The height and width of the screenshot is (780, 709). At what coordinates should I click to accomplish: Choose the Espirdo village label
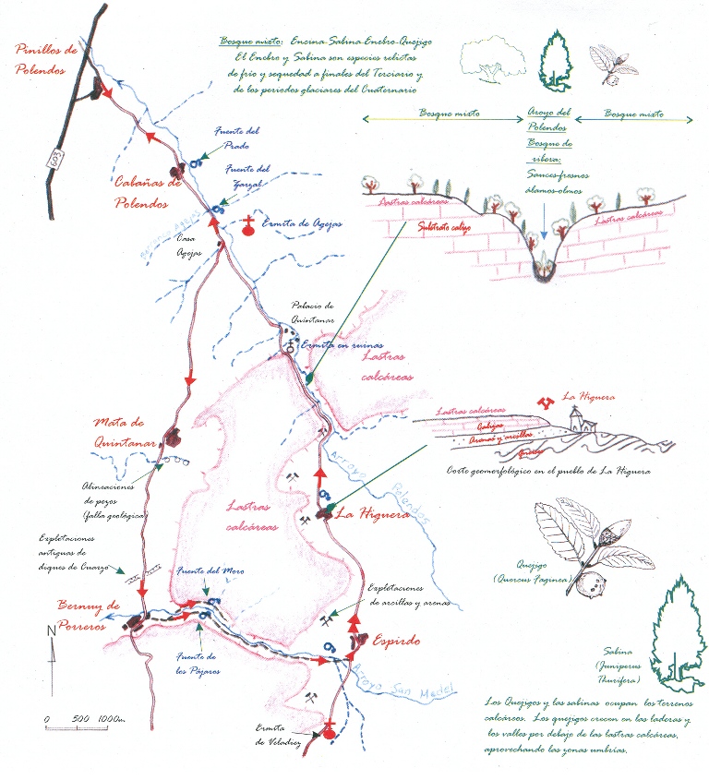397,638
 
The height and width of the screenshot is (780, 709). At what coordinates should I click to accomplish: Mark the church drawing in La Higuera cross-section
580,419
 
